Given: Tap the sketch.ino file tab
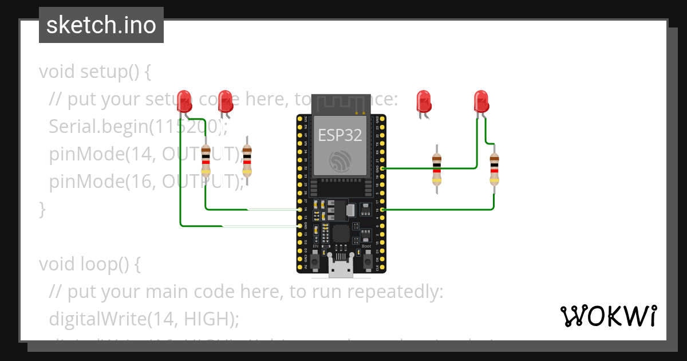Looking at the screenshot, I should point(101,25).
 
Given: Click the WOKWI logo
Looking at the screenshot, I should point(607,316).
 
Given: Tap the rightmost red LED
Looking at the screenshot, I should point(481,100).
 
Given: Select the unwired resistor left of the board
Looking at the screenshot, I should point(247,160).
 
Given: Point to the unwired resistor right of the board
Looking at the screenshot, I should point(437,169).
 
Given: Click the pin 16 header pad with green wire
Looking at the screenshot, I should point(382,210).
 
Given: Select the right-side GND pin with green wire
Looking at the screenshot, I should point(382,168).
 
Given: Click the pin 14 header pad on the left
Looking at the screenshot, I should point(300,210).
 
